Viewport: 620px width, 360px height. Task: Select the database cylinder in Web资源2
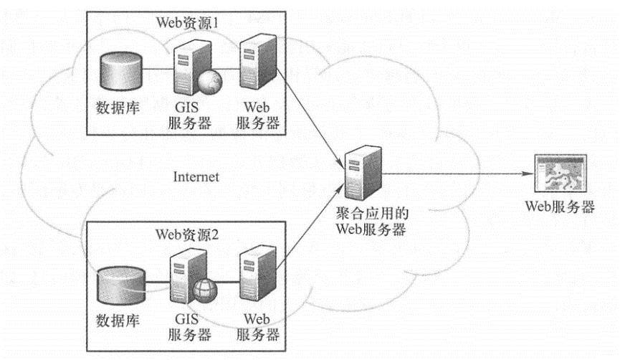[x=116, y=285]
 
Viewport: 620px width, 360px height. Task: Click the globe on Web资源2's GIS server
[x=203, y=292]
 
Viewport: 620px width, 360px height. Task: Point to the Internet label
[x=196, y=177]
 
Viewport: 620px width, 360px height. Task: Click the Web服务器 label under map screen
[x=560, y=207]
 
